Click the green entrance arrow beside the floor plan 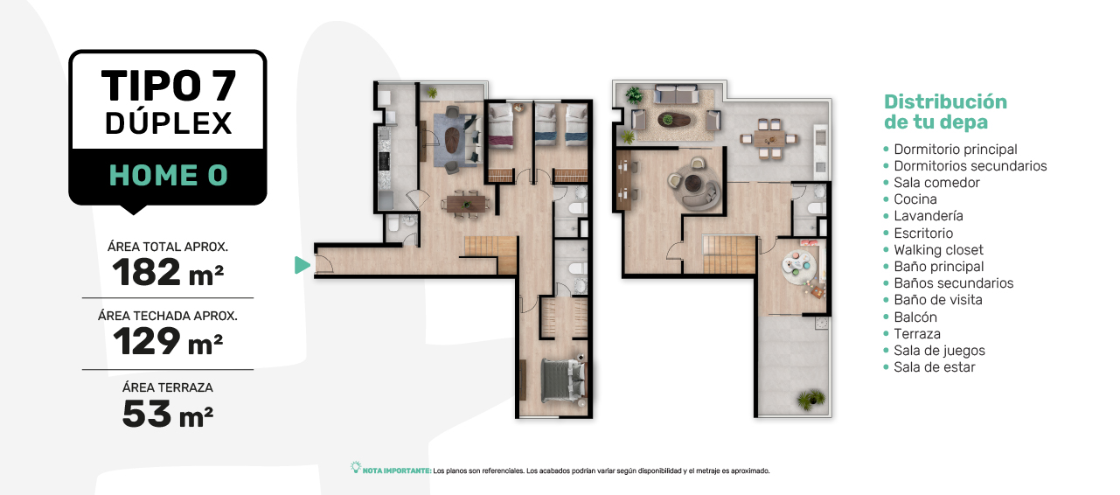(x=302, y=265)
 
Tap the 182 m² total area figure (x=168, y=272)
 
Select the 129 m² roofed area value (x=168, y=341)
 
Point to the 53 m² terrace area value (x=168, y=414)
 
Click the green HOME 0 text (x=169, y=176)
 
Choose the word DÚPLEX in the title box (x=169, y=123)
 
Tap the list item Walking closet (x=938, y=250)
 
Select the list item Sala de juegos (x=939, y=351)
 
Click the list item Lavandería (x=928, y=216)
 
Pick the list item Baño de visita (x=937, y=300)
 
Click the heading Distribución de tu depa (x=945, y=112)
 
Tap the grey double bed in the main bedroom (x=563, y=380)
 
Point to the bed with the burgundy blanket (x=500, y=127)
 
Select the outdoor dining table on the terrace (x=769, y=138)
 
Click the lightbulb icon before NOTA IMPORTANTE (x=356, y=468)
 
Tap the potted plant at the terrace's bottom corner (x=810, y=399)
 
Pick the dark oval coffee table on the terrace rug (x=673, y=120)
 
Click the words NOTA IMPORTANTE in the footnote (x=396, y=471)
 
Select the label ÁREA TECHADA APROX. (x=168, y=316)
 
